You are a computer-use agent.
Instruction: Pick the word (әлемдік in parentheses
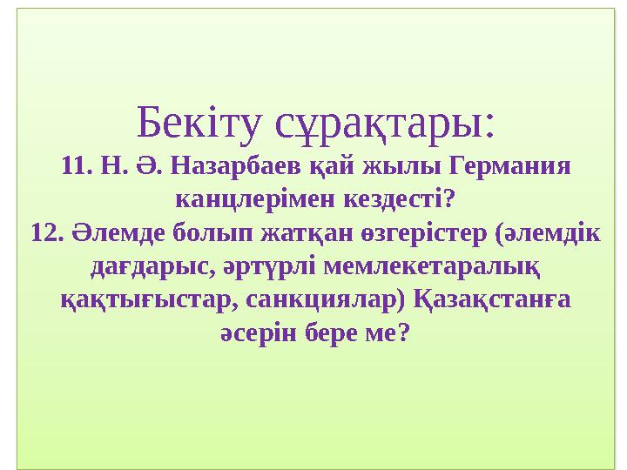point(547,234)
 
